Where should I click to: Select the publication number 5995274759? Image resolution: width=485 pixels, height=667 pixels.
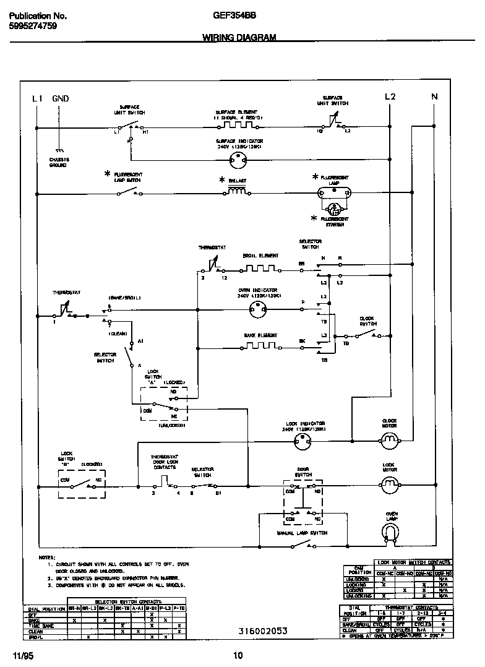(x=32, y=26)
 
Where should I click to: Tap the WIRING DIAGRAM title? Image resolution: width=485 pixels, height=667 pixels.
(x=239, y=38)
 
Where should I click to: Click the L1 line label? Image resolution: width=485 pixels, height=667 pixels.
(x=37, y=98)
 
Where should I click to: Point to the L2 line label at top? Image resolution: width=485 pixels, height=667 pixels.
(x=390, y=97)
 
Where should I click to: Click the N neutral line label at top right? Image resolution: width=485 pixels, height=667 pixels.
(x=434, y=97)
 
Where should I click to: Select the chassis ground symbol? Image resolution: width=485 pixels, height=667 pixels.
(x=59, y=150)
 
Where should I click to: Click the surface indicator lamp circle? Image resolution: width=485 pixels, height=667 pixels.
(x=239, y=160)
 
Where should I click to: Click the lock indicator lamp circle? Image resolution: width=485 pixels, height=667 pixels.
(x=306, y=441)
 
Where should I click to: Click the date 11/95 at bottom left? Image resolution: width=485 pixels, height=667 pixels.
(x=21, y=655)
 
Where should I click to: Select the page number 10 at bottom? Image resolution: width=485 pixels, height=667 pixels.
(x=238, y=656)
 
